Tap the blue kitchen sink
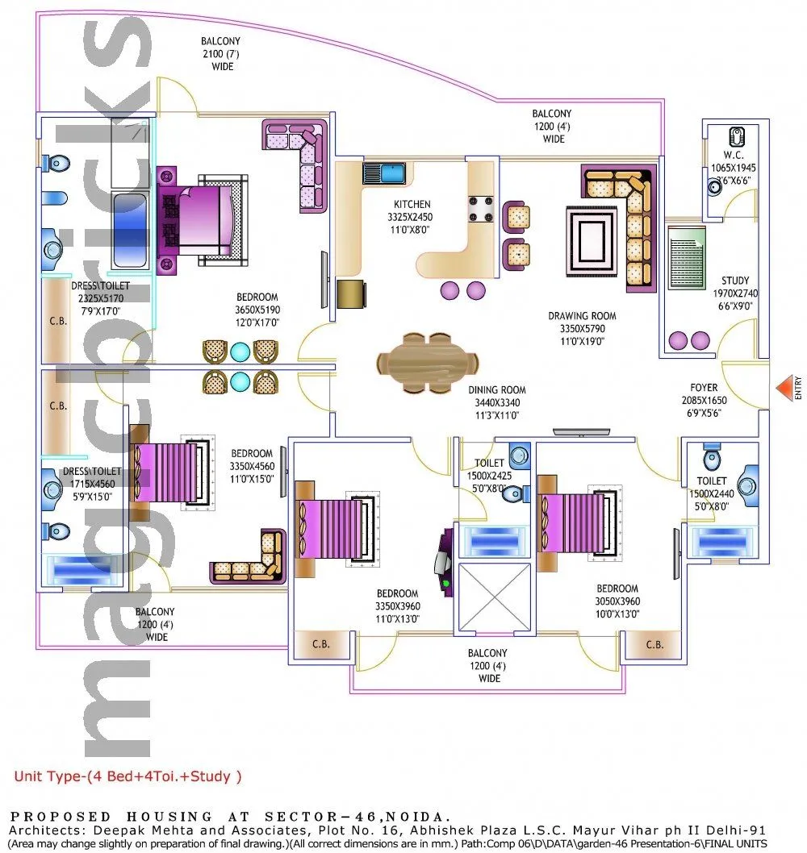pos(384,173)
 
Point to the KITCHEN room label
pos(412,205)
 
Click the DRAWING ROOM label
pos(582,316)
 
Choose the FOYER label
pos(704,388)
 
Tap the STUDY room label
pos(735,281)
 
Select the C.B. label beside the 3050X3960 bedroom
pos(654,644)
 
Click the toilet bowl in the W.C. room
pos(737,135)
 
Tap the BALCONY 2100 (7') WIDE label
pos(221,53)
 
